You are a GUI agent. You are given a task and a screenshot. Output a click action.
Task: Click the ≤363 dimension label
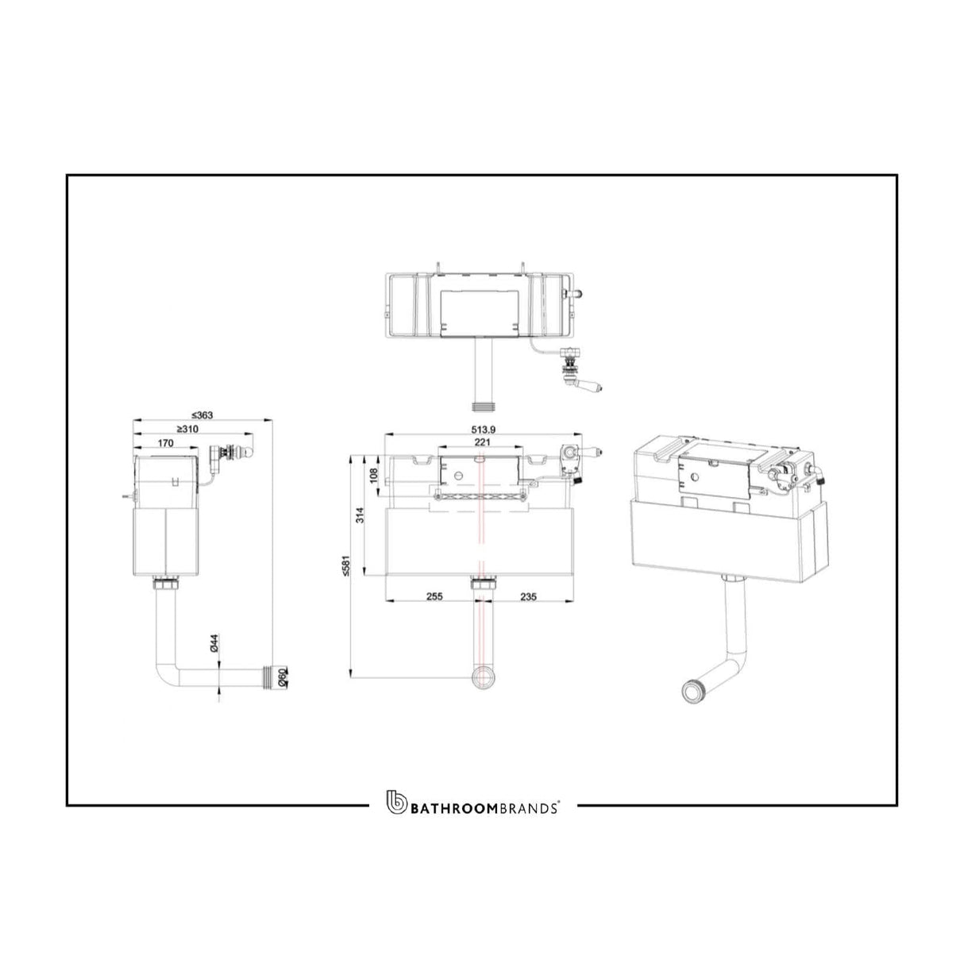click(x=203, y=415)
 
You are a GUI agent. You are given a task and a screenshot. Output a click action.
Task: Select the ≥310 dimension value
click(x=187, y=429)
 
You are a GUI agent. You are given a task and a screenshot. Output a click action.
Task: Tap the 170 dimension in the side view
click(x=166, y=443)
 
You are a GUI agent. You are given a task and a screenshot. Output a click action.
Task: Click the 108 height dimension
click(x=375, y=476)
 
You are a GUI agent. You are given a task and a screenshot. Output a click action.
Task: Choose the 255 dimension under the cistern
click(x=434, y=596)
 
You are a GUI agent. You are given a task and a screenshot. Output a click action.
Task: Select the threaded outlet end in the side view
click(x=279, y=677)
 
